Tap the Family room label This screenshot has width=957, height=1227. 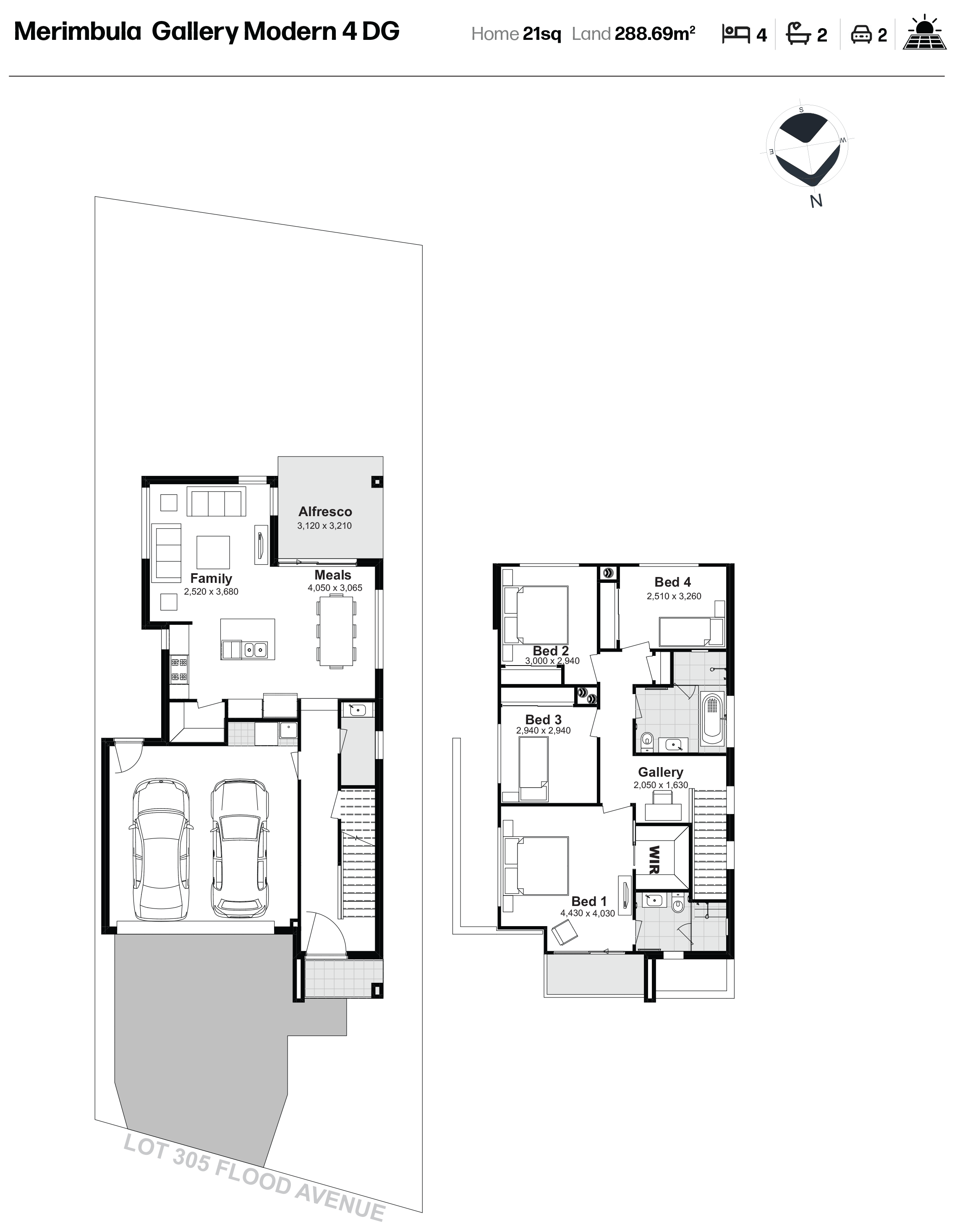(211, 579)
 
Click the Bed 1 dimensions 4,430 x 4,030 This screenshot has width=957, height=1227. (587, 914)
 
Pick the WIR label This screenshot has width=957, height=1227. (654, 860)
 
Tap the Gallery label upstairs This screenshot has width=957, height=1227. (660, 773)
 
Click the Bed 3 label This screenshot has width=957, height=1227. (544, 720)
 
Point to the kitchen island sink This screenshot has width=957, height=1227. (254, 650)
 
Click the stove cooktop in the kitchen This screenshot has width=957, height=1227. (179, 670)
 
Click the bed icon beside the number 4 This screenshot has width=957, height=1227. (736, 34)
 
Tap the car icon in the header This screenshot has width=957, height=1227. (861, 35)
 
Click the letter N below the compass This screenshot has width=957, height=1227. (816, 201)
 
